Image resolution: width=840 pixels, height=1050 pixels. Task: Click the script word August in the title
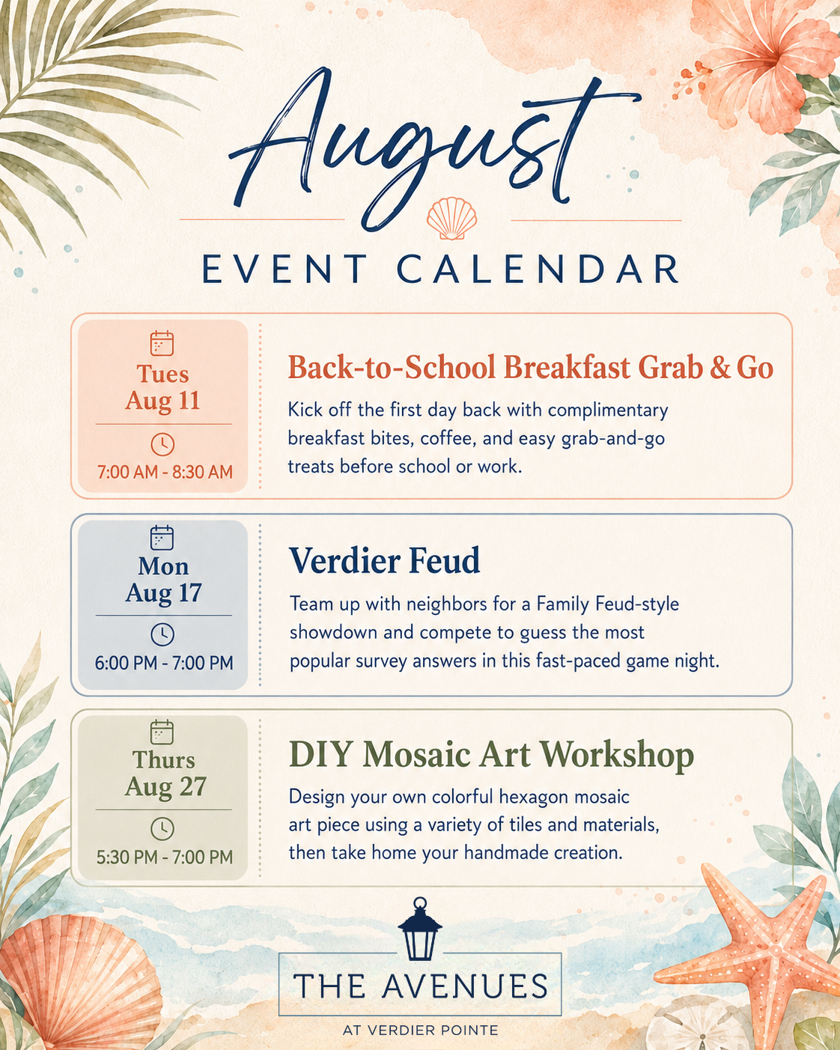(434, 146)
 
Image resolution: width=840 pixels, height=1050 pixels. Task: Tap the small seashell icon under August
(451, 218)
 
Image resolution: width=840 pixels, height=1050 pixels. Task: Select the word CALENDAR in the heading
(538, 269)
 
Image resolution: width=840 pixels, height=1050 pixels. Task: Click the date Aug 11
(163, 401)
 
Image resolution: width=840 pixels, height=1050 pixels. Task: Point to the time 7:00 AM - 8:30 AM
(165, 472)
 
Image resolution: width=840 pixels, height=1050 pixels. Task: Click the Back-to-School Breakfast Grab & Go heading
(530, 367)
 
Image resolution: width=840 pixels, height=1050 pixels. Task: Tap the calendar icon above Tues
(162, 343)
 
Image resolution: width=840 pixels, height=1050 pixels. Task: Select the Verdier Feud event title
(384, 560)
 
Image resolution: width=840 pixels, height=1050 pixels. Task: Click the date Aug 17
(163, 593)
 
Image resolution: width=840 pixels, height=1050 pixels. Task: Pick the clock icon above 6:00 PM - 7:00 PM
(162, 634)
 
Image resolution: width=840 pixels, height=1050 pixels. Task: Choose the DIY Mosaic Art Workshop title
(491, 755)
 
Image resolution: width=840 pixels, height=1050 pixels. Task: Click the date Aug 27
(165, 786)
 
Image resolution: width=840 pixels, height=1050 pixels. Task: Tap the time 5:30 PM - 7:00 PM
(165, 858)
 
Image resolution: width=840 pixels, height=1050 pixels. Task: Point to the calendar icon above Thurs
(162, 732)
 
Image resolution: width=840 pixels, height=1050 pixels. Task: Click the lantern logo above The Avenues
(419, 930)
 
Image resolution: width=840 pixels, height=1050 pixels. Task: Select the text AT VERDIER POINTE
(421, 1030)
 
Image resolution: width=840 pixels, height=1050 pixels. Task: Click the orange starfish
(761, 951)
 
